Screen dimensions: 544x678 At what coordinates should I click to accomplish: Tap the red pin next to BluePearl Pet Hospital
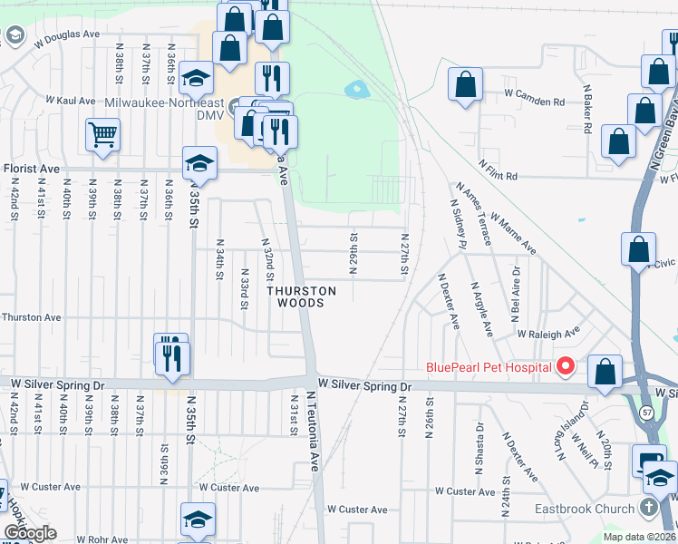pyautogui.click(x=566, y=366)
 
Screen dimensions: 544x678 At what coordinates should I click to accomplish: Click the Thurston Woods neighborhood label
pyautogui.click(x=300, y=297)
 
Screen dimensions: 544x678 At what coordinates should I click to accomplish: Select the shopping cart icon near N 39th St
pyautogui.click(x=103, y=135)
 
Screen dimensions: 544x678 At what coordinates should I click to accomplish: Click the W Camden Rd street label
pyautogui.click(x=535, y=93)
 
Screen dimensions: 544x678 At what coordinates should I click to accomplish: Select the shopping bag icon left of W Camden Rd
pyautogui.click(x=466, y=85)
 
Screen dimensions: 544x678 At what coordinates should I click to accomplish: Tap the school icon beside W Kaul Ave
pyautogui.click(x=195, y=78)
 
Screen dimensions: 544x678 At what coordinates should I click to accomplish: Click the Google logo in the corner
pyautogui.click(x=30, y=533)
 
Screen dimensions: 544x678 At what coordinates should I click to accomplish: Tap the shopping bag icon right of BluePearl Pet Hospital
pyautogui.click(x=605, y=371)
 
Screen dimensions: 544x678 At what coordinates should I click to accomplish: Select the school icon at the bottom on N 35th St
pyautogui.click(x=198, y=520)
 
